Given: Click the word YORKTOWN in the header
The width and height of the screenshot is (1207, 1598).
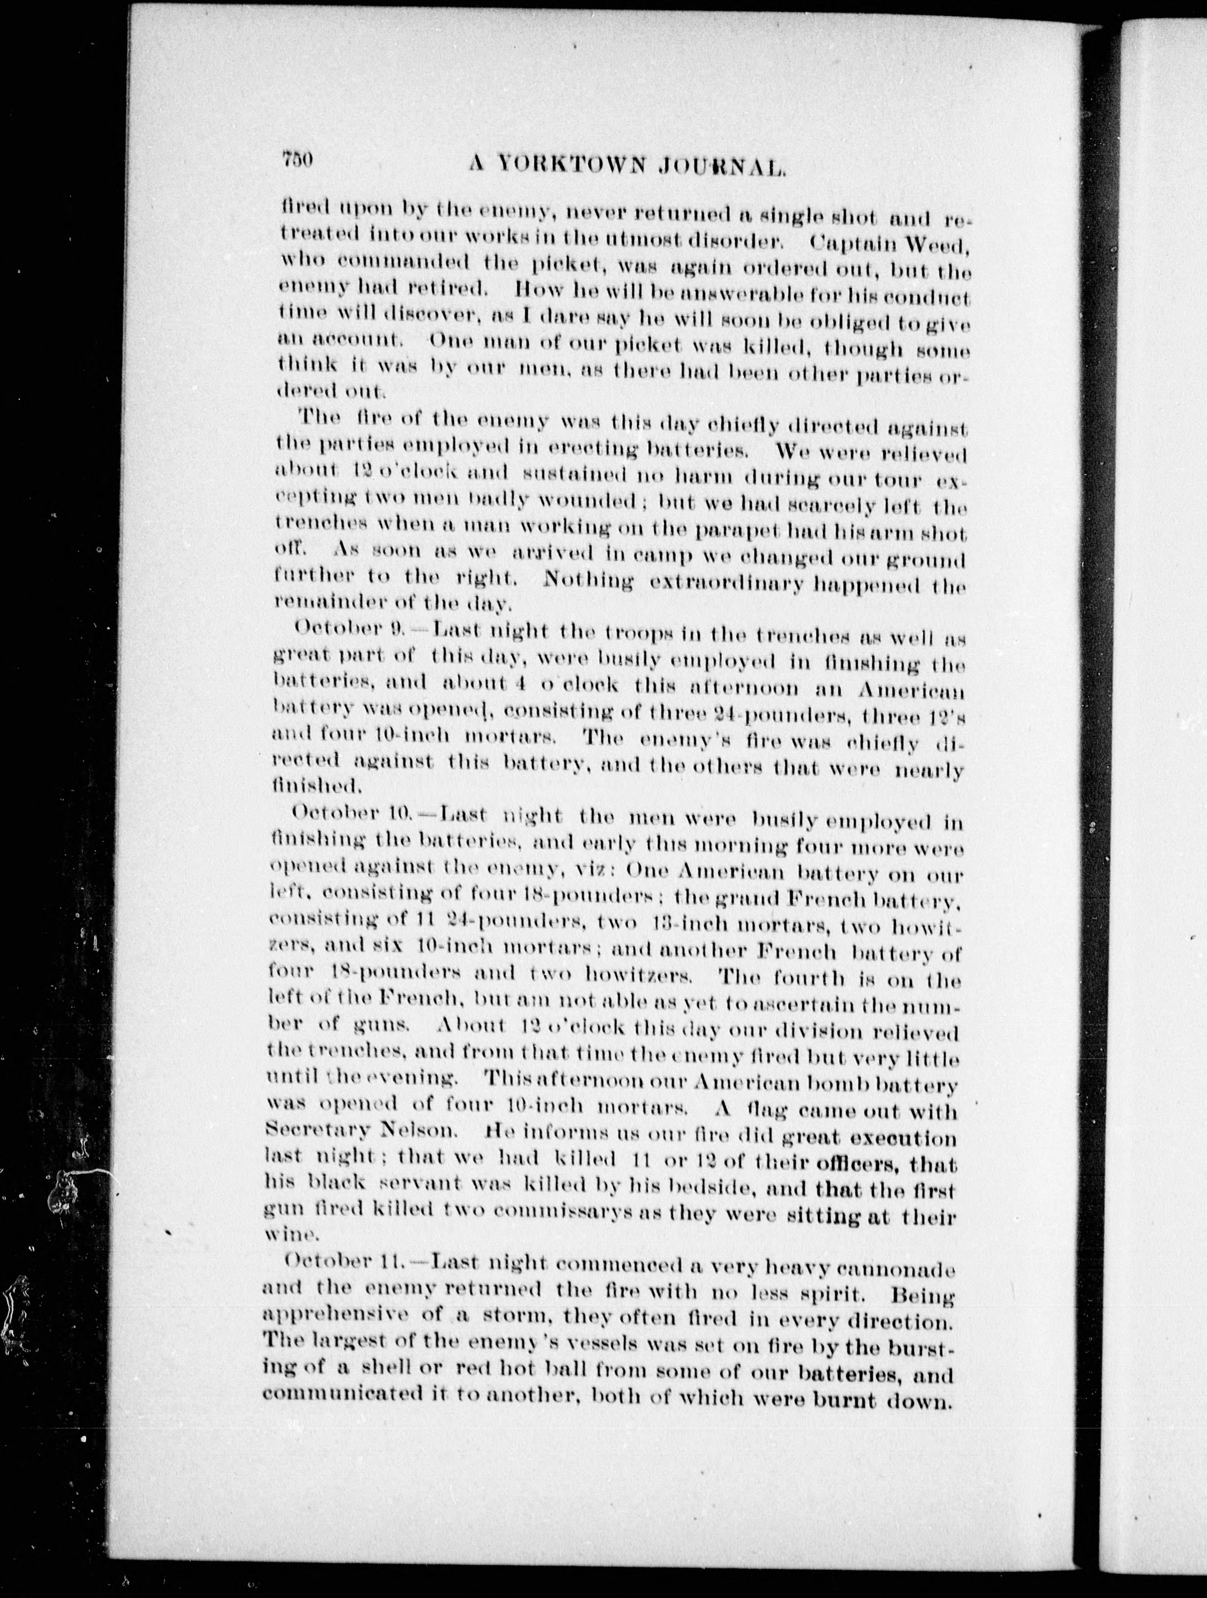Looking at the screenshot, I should [x=572, y=165].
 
